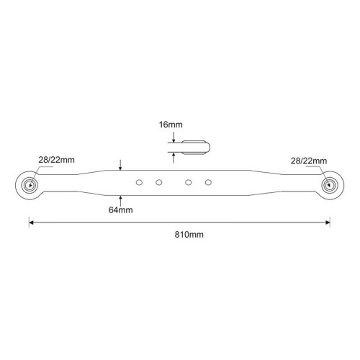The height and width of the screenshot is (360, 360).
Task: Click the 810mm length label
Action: point(189,235)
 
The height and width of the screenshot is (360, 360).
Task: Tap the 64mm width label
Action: point(120,210)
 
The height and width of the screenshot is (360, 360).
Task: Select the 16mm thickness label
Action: point(171,125)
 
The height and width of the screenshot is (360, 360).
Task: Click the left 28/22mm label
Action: point(56,160)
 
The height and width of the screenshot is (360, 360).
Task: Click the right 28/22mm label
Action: point(309,161)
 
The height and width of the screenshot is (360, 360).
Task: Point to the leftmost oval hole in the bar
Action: point(139,182)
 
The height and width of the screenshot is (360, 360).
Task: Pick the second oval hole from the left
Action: point(159,182)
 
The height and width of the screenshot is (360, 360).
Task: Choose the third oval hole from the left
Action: point(189,182)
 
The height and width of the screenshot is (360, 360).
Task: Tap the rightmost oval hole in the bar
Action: point(208,182)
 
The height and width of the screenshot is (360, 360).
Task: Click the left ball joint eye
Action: point(30,185)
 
